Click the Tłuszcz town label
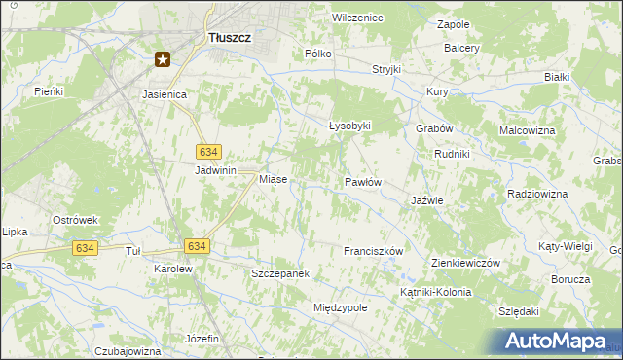tap(231, 38)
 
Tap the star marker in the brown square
tap(163, 59)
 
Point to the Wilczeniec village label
tap(357, 18)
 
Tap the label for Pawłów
tap(362, 182)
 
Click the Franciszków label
tap(373, 251)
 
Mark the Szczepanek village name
tap(280, 273)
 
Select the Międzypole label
tap(340, 307)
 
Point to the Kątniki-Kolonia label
tap(435, 292)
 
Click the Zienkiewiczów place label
tap(465, 264)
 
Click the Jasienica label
tap(170, 94)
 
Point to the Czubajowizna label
tap(128, 350)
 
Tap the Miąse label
tap(272, 180)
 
